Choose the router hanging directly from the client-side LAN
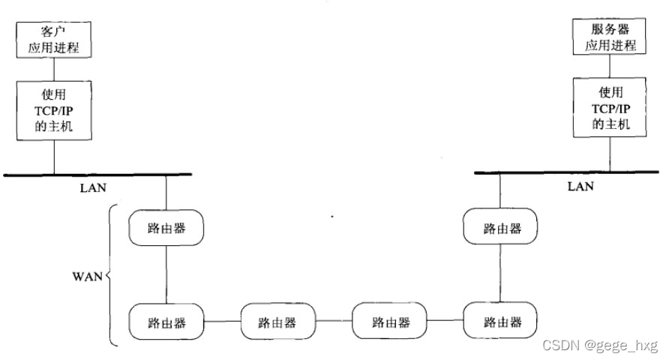click(x=166, y=228)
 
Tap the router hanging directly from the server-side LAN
click(x=501, y=228)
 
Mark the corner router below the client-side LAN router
click(x=166, y=322)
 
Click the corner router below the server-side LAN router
click(x=501, y=322)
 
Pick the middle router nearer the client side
click(x=277, y=322)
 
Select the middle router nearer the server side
click(x=391, y=322)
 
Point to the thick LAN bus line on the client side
click(x=97, y=174)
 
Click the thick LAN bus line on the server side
click(x=570, y=172)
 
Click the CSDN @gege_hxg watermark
click(x=599, y=346)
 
